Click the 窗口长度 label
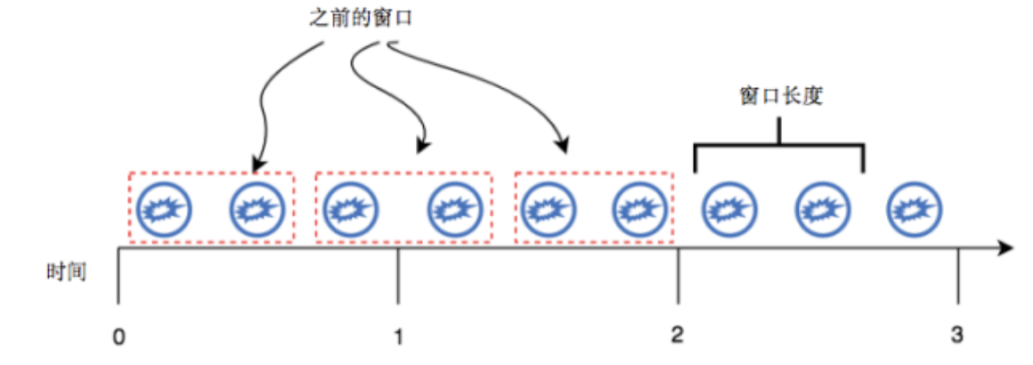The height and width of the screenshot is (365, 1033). click(781, 96)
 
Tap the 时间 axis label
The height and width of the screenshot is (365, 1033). click(66, 272)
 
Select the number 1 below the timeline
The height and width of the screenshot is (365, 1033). click(398, 337)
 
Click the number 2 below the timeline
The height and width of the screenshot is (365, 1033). click(679, 337)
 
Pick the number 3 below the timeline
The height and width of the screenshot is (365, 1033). click(957, 337)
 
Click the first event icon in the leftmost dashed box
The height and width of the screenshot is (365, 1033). click(164, 208)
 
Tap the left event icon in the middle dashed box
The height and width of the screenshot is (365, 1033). click(350, 208)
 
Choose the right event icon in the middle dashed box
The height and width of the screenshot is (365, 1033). click(454, 208)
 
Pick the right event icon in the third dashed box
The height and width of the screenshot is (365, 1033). click(639, 208)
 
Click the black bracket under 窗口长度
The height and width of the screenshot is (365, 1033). click(779, 145)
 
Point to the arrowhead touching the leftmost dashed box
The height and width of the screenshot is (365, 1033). click(256, 165)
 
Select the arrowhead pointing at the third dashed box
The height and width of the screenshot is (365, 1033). click(562, 146)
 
